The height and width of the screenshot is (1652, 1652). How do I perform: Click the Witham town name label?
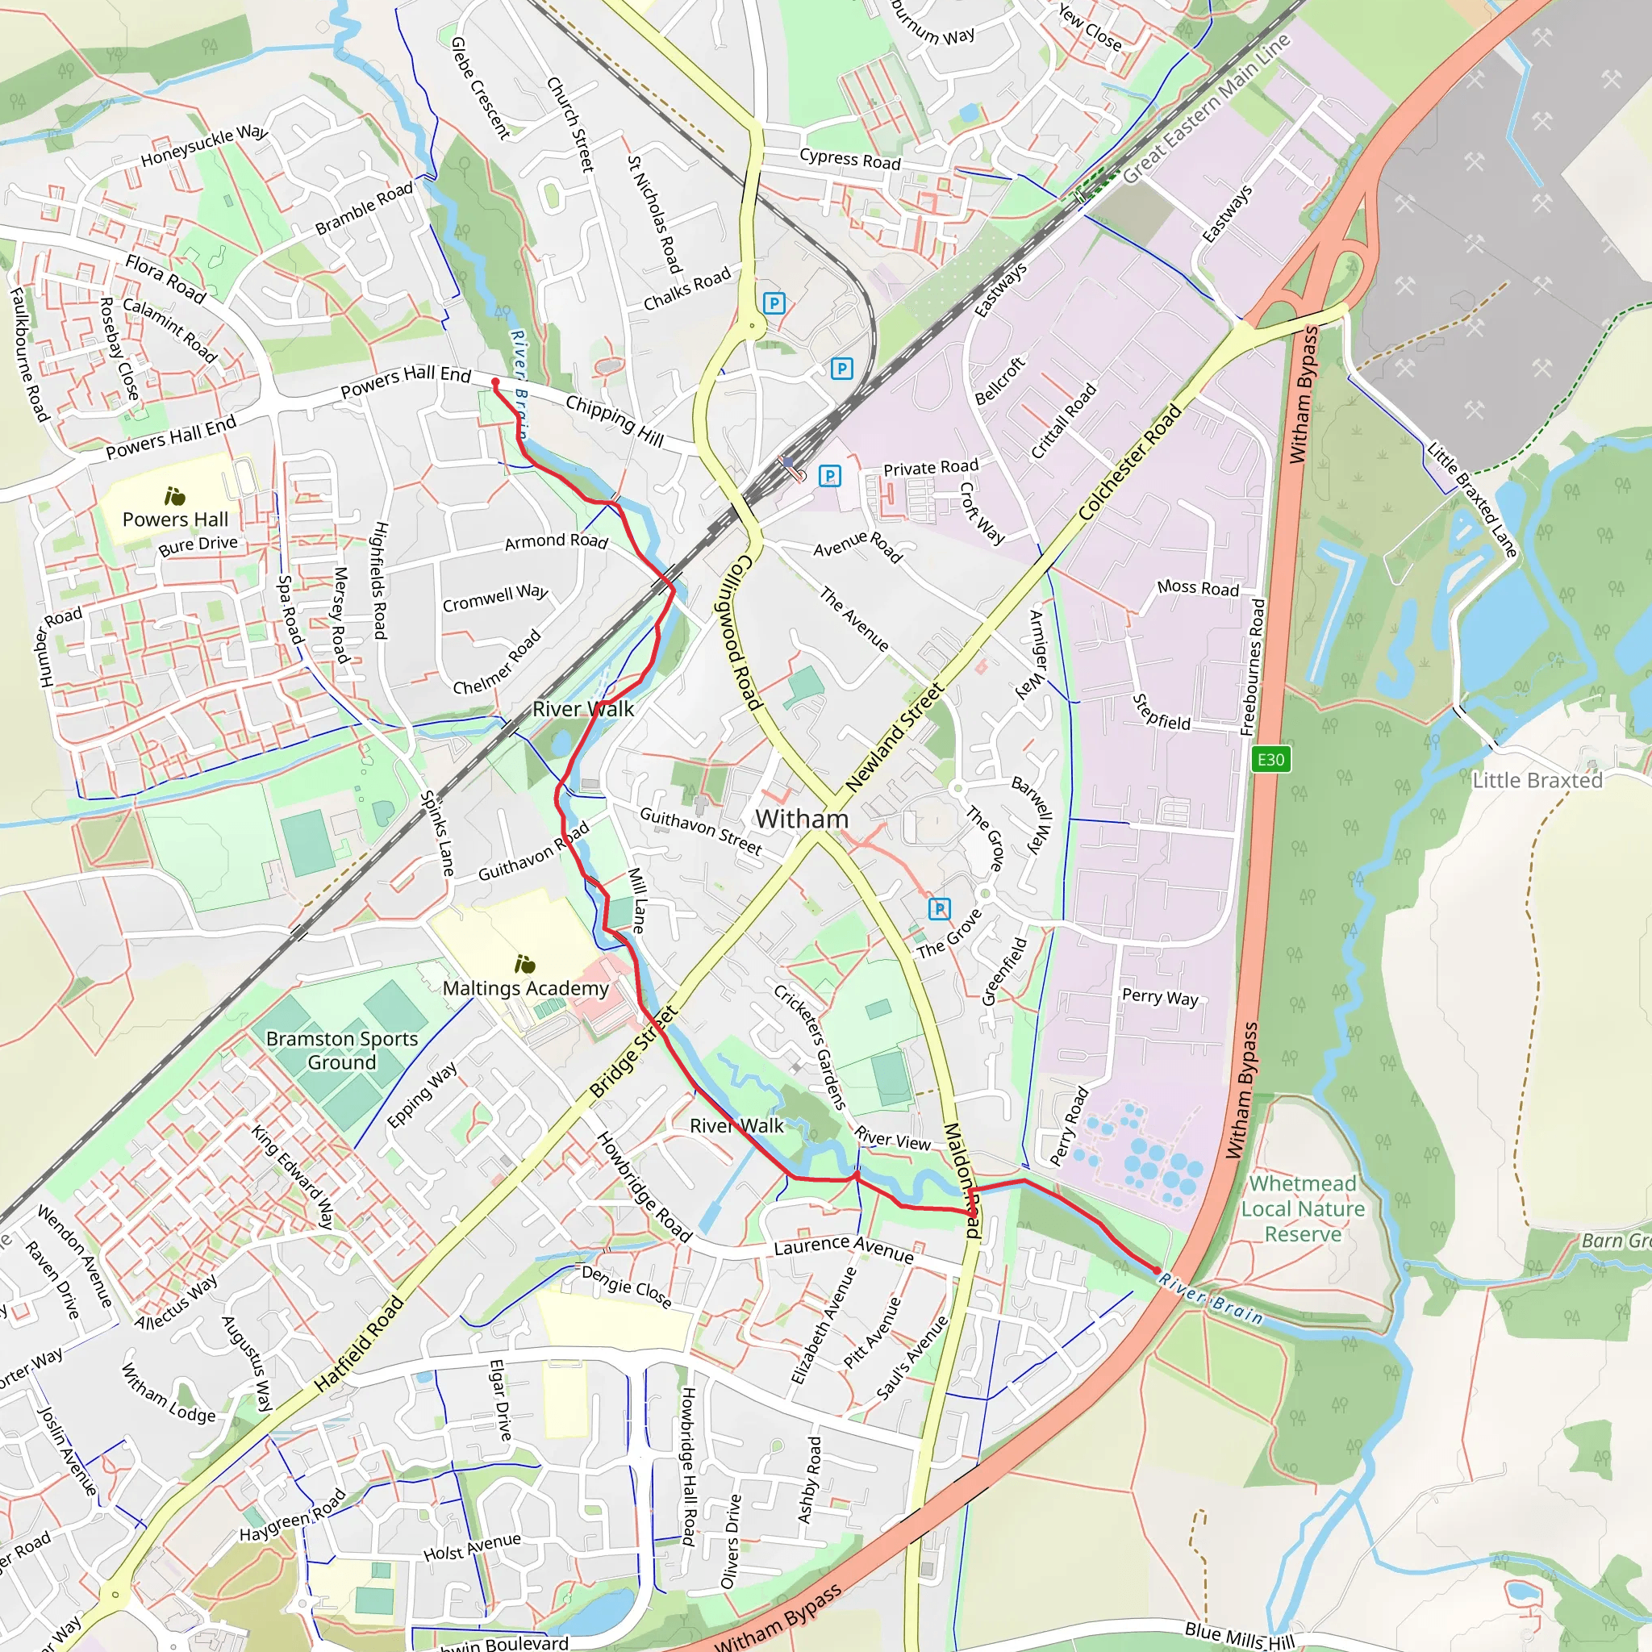click(x=801, y=820)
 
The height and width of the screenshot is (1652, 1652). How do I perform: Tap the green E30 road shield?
click(x=1270, y=759)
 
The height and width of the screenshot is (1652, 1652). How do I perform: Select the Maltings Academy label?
click(x=525, y=988)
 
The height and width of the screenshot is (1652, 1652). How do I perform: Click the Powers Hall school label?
click(x=175, y=519)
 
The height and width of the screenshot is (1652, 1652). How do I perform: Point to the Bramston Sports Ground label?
click(x=342, y=1050)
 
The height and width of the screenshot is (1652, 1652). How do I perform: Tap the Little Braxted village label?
click(x=1537, y=781)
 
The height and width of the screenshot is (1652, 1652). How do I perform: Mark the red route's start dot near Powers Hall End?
click(x=495, y=382)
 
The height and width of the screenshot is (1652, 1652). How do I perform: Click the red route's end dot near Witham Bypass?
click(x=1157, y=1270)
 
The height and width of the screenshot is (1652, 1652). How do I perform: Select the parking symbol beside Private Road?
click(x=829, y=475)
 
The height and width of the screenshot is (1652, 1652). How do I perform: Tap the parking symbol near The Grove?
click(x=939, y=909)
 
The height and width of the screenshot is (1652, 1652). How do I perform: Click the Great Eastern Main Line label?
click(x=1206, y=110)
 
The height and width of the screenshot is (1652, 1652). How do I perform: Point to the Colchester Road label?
click(x=1129, y=462)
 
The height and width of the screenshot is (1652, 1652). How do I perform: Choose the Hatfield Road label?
click(x=358, y=1344)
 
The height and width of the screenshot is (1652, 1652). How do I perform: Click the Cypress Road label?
click(x=850, y=159)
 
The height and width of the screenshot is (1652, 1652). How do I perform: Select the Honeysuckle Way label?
click(x=204, y=146)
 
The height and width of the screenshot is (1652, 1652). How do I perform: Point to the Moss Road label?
click(x=1197, y=588)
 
